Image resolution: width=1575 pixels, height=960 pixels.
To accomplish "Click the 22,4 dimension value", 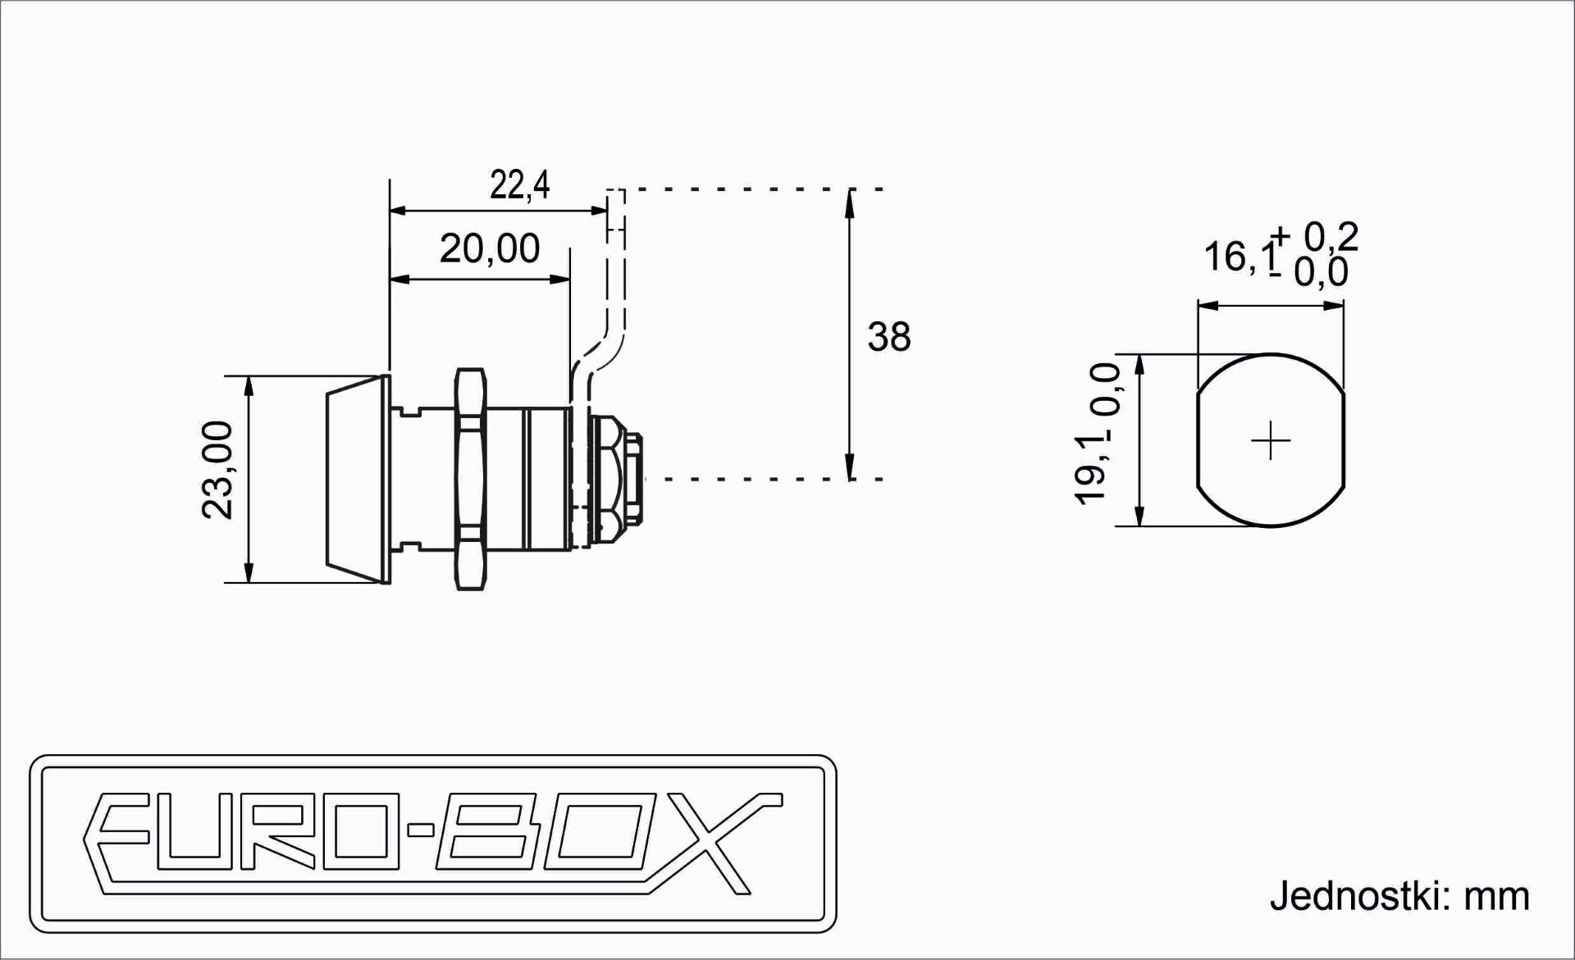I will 519,185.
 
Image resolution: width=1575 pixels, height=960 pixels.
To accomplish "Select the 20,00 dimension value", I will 490,248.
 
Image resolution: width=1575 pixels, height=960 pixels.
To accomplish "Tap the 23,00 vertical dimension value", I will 218,470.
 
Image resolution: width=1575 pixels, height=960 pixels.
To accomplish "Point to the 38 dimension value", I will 889,337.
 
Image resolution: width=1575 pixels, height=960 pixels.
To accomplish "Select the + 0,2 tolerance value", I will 1316,237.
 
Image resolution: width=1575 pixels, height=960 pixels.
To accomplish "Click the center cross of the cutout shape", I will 1270,441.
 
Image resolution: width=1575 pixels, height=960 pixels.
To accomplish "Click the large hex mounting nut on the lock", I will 470,480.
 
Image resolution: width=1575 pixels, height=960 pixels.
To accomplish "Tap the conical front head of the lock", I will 357,480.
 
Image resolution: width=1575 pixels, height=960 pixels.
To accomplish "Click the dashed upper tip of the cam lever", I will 616,197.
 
